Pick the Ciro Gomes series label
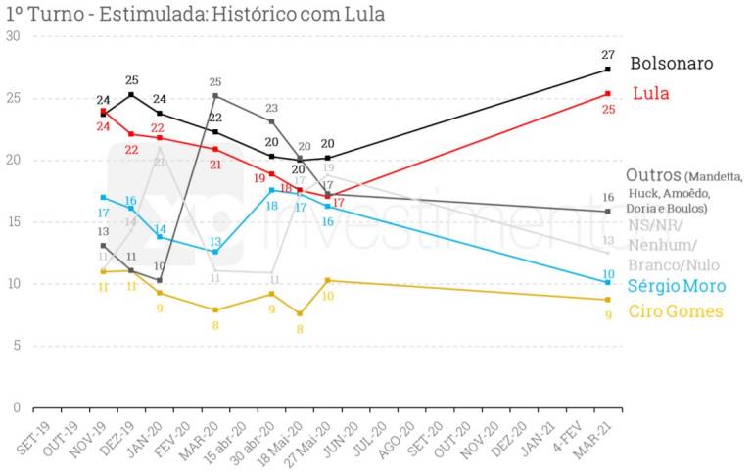point(675,311)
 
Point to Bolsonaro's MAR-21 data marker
point(608,70)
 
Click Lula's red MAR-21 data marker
point(608,94)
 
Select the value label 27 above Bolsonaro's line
point(608,55)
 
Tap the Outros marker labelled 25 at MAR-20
point(215,95)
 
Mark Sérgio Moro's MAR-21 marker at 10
point(608,283)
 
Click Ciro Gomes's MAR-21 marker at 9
point(608,300)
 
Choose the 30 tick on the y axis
point(13,36)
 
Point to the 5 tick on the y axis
point(16,346)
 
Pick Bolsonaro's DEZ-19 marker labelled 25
point(131,95)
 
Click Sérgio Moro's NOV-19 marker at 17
point(103,197)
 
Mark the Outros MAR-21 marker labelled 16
point(608,212)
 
